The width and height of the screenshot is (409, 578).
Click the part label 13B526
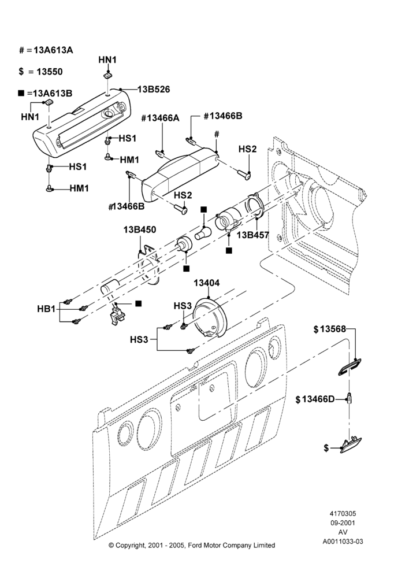[x=154, y=89]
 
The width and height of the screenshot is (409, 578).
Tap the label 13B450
[x=140, y=229]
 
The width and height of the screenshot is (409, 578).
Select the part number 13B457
[x=253, y=235]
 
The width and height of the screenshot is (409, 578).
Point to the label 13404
[x=207, y=283]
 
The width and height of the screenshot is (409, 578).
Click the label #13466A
[x=160, y=118]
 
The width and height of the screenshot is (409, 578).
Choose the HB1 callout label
[x=46, y=309]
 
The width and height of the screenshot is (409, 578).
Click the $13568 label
[x=330, y=329]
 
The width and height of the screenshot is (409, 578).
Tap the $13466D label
[x=315, y=399]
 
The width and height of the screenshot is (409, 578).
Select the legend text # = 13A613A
[x=46, y=50]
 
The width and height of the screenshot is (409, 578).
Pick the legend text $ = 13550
[x=40, y=72]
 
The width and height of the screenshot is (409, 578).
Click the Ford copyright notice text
[x=192, y=545]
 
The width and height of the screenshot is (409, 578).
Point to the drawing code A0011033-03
[x=343, y=542]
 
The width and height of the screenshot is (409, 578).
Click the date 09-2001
[x=343, y=523]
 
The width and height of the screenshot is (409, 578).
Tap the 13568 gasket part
[x=349, y=367]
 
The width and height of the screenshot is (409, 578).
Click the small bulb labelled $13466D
[x=349, y=399]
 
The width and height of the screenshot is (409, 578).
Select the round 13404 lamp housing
[x=211, y=317]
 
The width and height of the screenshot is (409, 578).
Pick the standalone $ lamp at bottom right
[x=351, y=444]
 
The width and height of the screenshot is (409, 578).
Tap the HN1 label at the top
[x=107, y=60]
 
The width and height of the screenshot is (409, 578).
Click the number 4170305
[x=343, y=513]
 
